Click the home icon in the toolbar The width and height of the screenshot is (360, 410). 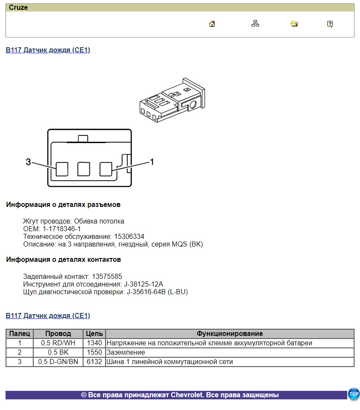click(212, 24)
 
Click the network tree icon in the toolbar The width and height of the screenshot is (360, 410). click(255, 24)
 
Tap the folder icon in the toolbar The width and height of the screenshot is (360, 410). click(294, 24)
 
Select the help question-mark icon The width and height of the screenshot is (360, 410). click(330, 24)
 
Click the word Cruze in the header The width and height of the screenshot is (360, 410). click(18, 8)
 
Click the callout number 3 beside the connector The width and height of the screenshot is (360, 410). click(28, 162)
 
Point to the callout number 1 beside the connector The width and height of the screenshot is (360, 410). click(151, 162)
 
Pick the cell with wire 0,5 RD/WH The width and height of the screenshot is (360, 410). click(58, 343)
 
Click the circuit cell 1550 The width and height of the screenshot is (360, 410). click(94, 352)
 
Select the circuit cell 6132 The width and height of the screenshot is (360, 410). click(94, 361)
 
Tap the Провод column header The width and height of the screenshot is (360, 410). click(58, 333)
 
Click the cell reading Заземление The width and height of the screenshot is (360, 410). click(126, 352)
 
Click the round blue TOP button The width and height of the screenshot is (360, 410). click(354, 394)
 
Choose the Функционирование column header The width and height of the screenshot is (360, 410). click(229, 333)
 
